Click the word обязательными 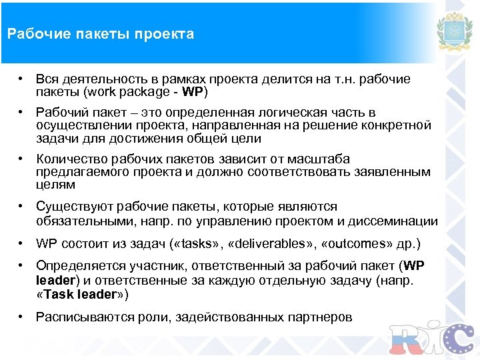point(83,221)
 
